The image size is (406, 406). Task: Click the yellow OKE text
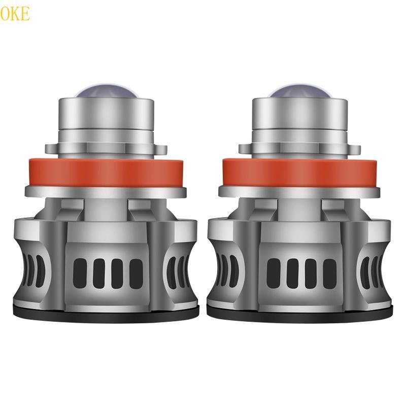point(15,13)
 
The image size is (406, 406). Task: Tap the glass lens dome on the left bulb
point(105,93)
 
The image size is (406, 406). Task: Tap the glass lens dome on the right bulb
point(300,93)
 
